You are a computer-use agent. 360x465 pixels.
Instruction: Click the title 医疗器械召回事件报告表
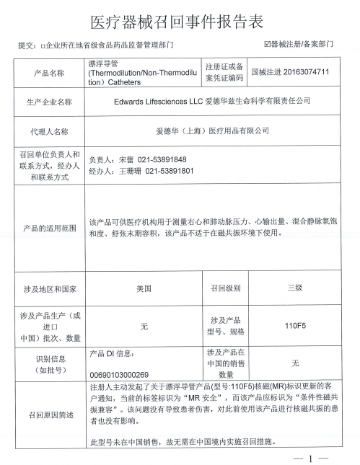[180, 19]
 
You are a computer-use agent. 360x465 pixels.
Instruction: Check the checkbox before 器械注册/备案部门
[268, 45]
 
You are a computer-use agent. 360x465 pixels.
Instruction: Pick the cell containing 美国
[144, 288]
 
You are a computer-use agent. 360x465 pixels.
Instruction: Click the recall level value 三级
[294, 287]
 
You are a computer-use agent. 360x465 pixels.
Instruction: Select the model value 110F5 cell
[295, 326]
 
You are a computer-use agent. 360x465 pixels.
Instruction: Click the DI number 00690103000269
[119, 374]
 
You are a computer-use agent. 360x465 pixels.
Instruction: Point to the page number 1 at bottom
[310, 458]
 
